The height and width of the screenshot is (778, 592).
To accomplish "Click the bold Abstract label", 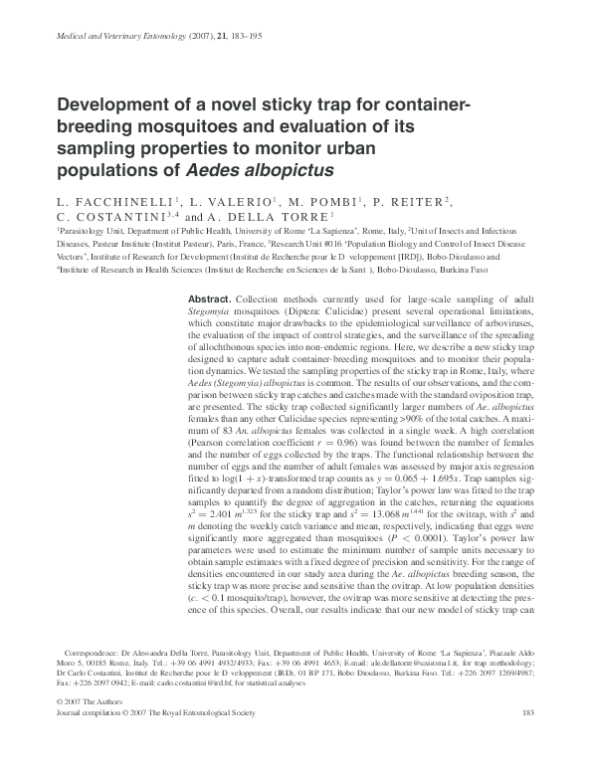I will coord(209,299).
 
